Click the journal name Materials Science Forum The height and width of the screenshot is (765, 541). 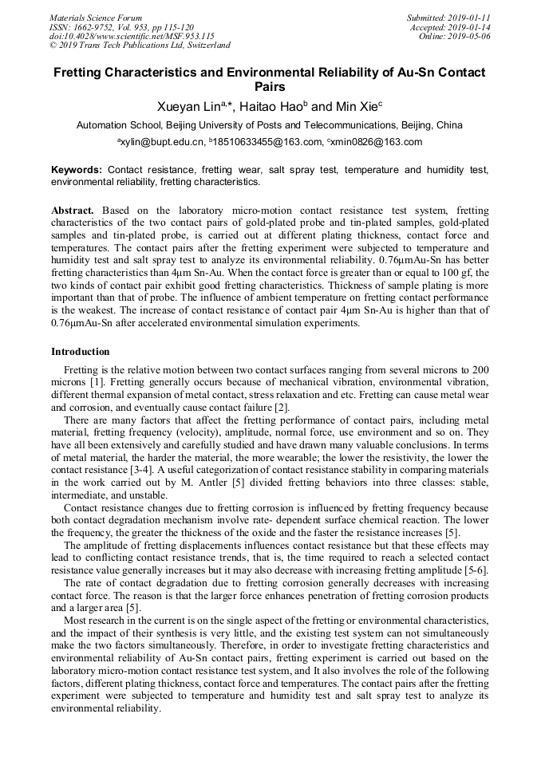pyautogui.click(x=96, y=18)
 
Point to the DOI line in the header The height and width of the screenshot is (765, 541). pyautogui.click(x=132, y=36)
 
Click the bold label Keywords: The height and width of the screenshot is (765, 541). pyautogui.click(x=77, y=170)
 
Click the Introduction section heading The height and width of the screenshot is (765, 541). pyautogui.click(x=81, y=352)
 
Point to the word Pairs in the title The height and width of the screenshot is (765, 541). pyautogui.click(x=270, y=87)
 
